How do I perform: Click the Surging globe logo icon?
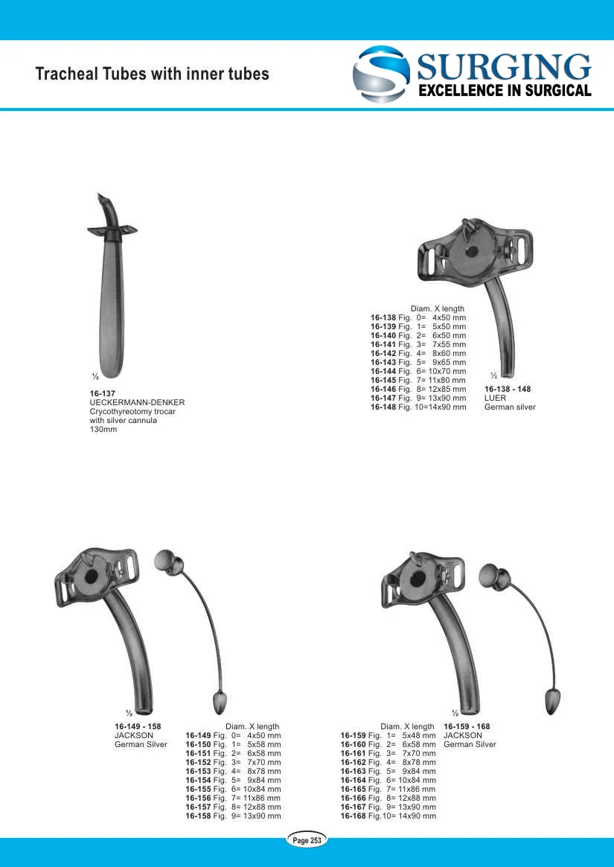point(381,74)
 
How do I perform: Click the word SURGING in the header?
point(504,68)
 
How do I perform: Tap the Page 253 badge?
point(307,840)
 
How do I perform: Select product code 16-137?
point(102,394)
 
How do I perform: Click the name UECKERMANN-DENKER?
point(137,402)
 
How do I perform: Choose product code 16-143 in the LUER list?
point(383,362)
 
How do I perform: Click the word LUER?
point(495,398)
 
